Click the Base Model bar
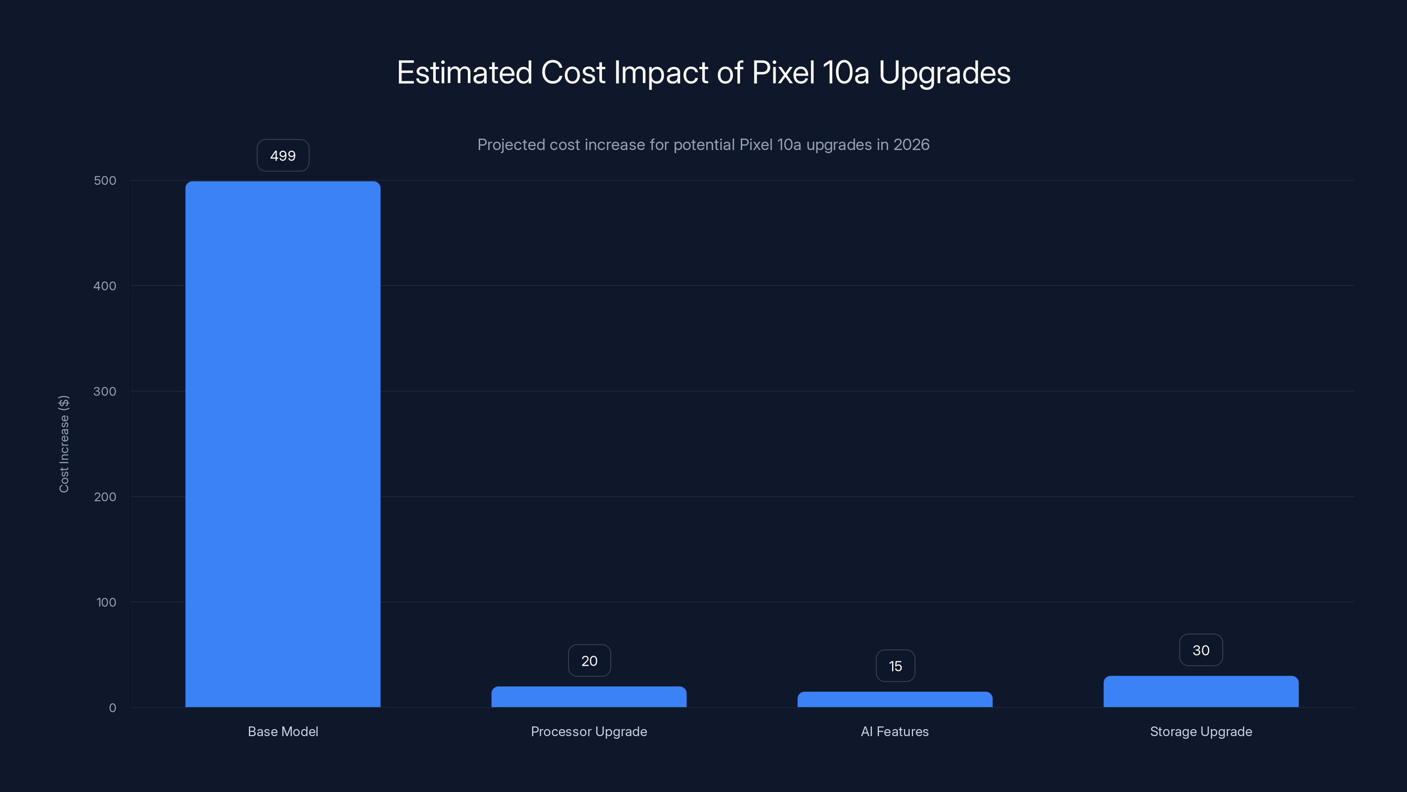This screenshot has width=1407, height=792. [x=283, y=444]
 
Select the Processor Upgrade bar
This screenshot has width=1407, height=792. [x=589, y=697]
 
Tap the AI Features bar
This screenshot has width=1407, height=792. [x=895, y=700]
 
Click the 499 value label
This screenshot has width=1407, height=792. [x=283, y=156]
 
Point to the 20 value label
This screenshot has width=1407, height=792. [x=589, y=661]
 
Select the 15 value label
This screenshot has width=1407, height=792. [x=895, y=666]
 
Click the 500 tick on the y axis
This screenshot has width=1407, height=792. [x=105, y=180]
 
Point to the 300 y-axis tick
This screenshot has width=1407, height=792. [x=105, y=391]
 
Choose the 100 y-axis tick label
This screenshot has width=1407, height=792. [x=106, y=602]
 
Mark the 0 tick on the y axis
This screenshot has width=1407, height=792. [x=113, y=708]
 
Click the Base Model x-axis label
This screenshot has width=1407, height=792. [x=283, y=731]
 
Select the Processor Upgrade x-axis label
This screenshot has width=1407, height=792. [x=589, y=731]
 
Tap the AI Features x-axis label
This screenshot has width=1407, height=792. [x=895, y=731]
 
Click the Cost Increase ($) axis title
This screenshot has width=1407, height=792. [x=64, y=444]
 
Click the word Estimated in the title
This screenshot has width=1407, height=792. [x=464, y=73]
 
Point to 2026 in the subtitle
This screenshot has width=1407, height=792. [x=911, y=145]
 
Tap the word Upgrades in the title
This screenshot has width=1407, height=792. [x=944, y=73]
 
